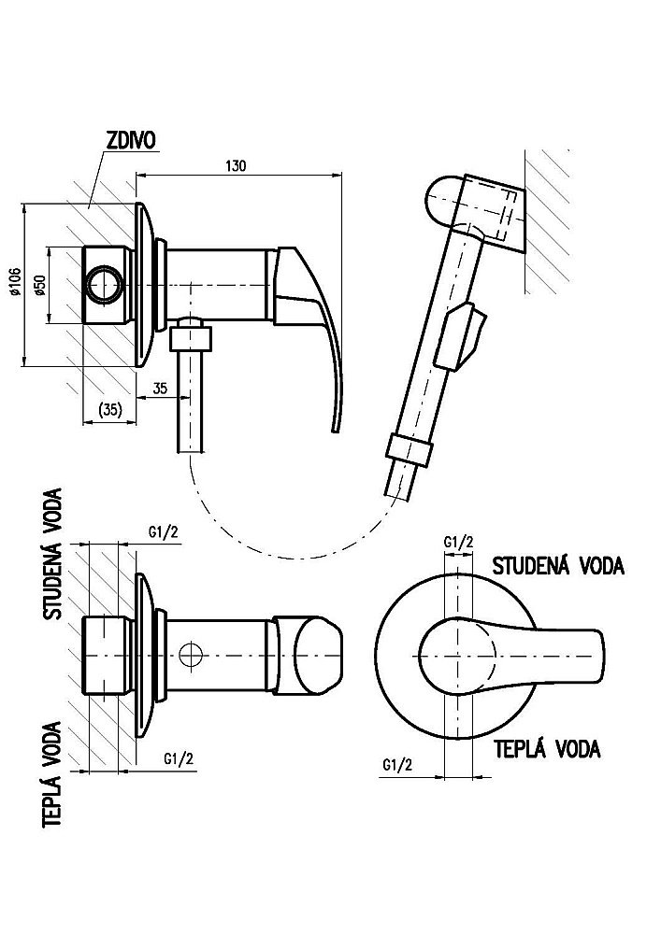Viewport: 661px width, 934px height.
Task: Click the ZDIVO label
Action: point(132,140)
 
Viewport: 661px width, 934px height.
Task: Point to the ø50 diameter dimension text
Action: point(39,286)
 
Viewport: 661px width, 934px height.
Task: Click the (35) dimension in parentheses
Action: point(112,407)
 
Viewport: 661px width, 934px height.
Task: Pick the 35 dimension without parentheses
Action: point(159,389)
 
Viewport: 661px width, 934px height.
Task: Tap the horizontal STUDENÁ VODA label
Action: point(558,565)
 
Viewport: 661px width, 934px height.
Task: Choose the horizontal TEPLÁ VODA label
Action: point(546,749)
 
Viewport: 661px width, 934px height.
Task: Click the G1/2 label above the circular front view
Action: point(457,542)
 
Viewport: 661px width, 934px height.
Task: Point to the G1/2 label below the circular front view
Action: point(397,765)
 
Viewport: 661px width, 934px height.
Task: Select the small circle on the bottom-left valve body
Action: point(191,655)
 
